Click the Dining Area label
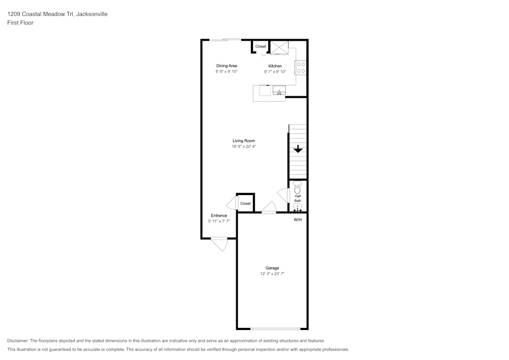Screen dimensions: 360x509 tap(227, 66)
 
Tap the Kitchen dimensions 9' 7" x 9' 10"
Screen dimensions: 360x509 tap(275, 72)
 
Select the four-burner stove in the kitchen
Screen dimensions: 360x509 tap(301, 67)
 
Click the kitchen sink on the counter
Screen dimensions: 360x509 tap(279, 91)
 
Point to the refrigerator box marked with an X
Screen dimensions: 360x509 tap(279, 47)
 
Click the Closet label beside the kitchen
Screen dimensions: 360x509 tap(261, 46)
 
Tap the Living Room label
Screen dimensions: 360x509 tap(244, 141)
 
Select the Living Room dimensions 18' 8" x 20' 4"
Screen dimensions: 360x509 tap(244, 147)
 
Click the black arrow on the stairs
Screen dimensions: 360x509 tap(298, 149)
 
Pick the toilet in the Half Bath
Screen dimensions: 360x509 tap(298, 186)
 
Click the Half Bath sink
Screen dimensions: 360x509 tap(298, 207)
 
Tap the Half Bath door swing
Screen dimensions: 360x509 tap(282, 196)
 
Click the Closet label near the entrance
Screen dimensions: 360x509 tap(245, 203)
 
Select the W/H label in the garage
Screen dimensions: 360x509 tap(298, 220)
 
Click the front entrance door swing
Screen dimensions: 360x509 tap(219, 244)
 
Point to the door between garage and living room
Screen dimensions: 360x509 tap(269, 208)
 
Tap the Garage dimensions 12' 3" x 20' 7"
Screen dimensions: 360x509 tap(272, 274)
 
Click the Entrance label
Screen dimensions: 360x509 tap(219, 215)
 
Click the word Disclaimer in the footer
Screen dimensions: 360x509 tap(18, 341)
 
